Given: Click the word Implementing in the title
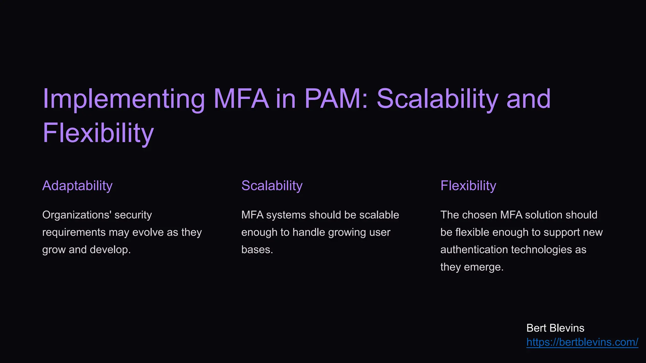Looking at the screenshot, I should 124,99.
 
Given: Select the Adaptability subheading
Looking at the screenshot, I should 77,186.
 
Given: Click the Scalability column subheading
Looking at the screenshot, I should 272,186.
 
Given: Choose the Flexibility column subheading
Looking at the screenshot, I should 468,186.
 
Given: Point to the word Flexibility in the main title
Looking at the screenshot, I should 98,133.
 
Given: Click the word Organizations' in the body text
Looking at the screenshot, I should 76,215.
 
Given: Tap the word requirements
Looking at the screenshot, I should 74,233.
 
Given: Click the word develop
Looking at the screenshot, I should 110,250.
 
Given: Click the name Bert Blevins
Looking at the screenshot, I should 555,328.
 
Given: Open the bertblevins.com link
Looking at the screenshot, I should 582,342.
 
